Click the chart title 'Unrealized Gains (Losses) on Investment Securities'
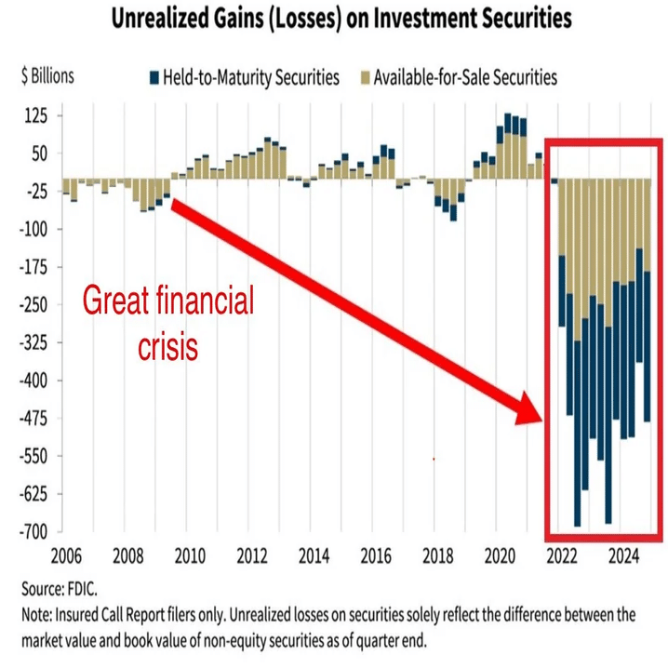(341, 19)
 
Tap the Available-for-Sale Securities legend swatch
(364, 77)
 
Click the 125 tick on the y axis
(36, 115)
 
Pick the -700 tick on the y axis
(34, 532)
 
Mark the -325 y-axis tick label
(34, 342)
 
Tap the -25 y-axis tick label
(37, 192)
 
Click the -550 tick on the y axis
(34, 456)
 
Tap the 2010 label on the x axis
(190, 558)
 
